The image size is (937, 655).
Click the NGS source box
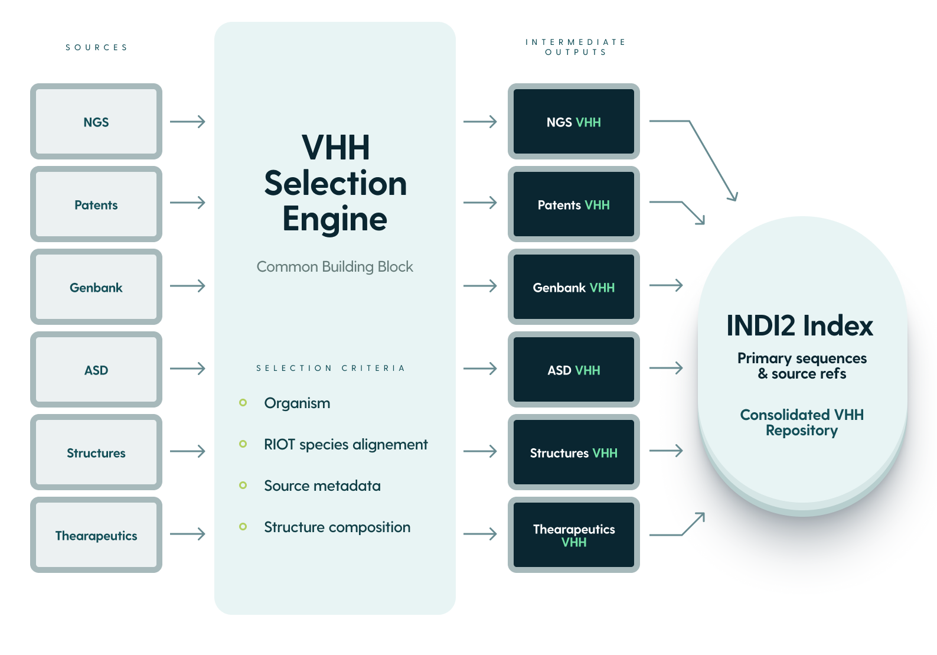[96, 122]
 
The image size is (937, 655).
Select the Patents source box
[96, 204]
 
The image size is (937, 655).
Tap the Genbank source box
[96, 287]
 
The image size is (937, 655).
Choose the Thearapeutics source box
[96, 535]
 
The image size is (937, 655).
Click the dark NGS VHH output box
[573, 122]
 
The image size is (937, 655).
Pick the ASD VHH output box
[573, 370]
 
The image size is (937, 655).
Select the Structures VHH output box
[573, 452]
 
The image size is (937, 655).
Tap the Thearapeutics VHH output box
[573, 535]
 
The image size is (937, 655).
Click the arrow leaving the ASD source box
[187, 369]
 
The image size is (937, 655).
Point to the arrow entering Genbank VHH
[480, 286]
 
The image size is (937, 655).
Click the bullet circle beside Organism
[243, 403]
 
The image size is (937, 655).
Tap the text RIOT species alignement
[345, 444]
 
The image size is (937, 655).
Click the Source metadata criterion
[322, 485]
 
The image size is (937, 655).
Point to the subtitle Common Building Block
[335, 266]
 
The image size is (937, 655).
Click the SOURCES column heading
[96, 47]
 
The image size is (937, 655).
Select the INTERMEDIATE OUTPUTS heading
[575, 47]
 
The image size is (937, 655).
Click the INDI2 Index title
[799, 325]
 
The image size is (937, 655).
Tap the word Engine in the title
[335, 219]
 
